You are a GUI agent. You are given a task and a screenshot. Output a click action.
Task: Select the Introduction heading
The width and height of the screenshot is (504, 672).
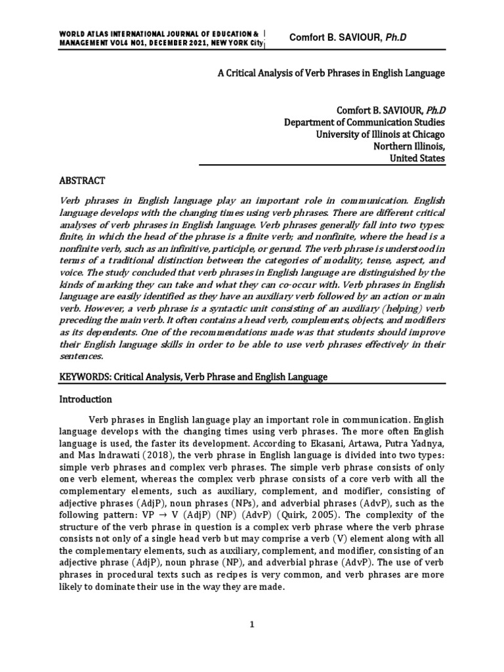pyautogui.click(x=86, y=399)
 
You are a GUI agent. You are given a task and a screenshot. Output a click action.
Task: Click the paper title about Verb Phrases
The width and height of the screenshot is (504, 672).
pyautogui.click(x=331, y=73)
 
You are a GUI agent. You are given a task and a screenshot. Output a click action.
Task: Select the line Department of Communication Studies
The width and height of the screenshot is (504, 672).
pyautogui.click(x=364, y=122)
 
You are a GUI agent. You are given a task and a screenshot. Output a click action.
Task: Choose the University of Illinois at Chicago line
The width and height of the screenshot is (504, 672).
pyautogui.click(x=381, y=134)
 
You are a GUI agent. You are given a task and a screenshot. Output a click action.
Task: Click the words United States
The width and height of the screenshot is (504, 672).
pyautogui.click(x=417, y=158)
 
